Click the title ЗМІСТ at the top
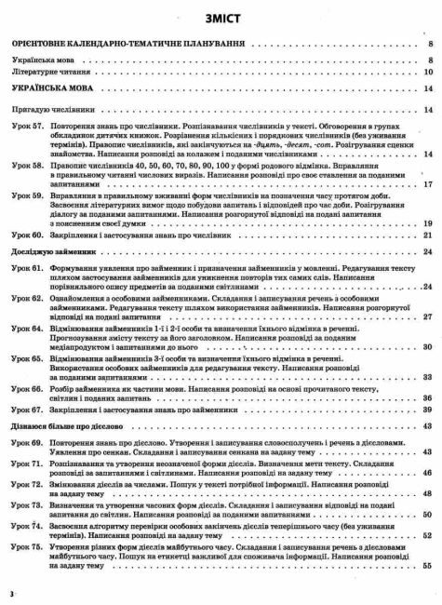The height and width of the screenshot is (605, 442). [221, 19]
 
